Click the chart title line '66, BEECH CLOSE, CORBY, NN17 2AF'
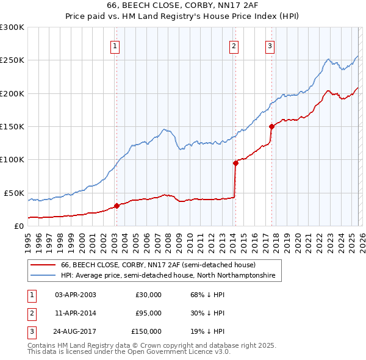[x=183, y=7]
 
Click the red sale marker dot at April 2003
[x=117, y=206]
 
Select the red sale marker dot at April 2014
[x=235, y=163]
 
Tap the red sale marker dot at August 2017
[x=271, y=127]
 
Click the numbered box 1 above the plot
[x=115, y=45]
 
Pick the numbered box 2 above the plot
[x=234, y=45]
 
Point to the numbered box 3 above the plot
[x=270, y=45]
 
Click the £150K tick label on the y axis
[x=12, y=126]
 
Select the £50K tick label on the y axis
[x=14, y=193]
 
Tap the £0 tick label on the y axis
[x=19, y=226]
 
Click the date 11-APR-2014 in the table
[x=75, y=313]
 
